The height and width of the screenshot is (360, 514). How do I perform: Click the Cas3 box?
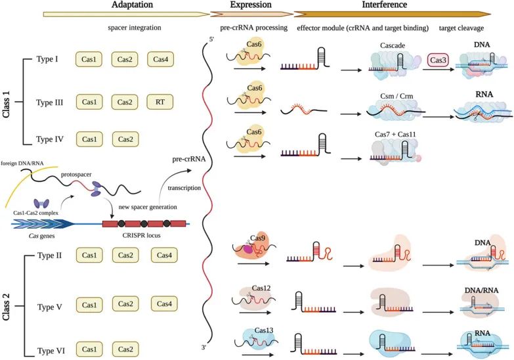point(439,60)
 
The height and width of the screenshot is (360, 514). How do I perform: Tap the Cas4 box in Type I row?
point(160,60)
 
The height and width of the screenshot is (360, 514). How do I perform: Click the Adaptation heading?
point(118,5)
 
